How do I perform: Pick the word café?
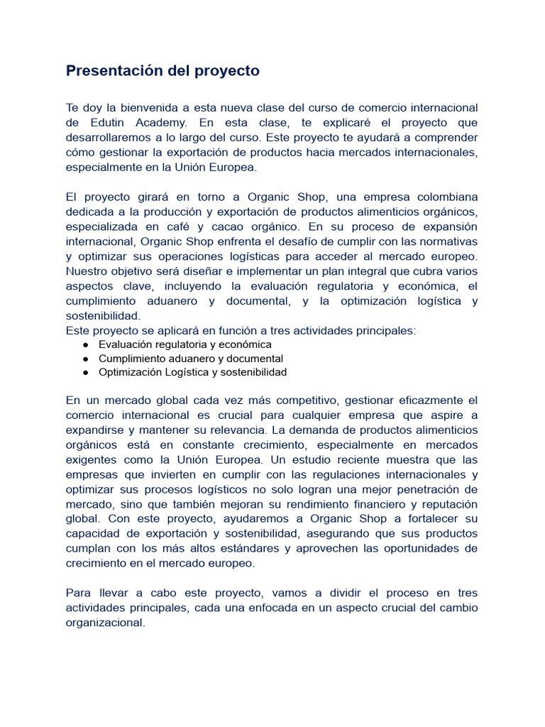[x=192, y=226]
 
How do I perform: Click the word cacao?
[x=244, y=226]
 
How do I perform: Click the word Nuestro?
[x=87, y=271]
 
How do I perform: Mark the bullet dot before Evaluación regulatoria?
[x=86, y=344]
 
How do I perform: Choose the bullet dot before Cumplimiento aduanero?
[x=86, y=359]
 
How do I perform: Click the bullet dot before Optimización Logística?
[x=86, y=372]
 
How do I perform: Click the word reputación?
[x=447, y=504]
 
